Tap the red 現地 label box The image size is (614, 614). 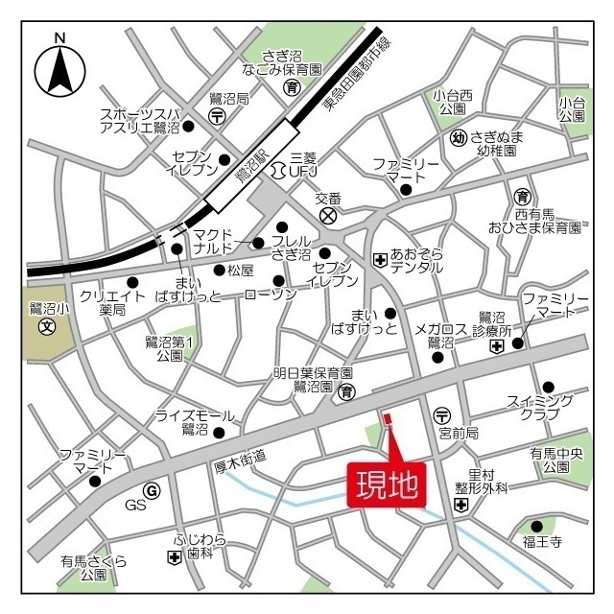pyautogui.click(x=387, y=484)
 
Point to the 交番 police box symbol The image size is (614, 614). pyautogui.click(x=329, y=216)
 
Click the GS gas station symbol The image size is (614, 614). pyautogui.click(x=151, y=491)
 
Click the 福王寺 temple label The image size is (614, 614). pyautogui.click(x=542, y=544)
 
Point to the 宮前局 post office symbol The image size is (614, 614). pyautogui.click(x=441, y=415)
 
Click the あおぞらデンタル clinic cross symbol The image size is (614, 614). pyautogui.click(x=380, y=259)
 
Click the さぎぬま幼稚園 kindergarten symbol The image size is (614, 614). pyautogui.click(x=459, y=137)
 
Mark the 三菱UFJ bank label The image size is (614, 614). pyautogui.click(x=302, y=165)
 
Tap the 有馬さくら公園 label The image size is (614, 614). pyautogui.click(x=93, y=568)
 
